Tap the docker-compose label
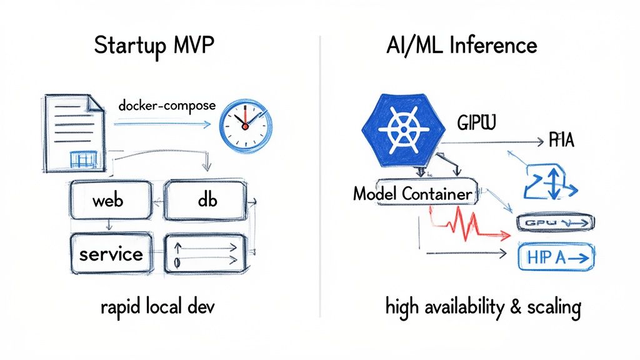point(166,106)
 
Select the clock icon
point(245,125)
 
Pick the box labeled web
point(110,201)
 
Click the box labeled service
point(110,254)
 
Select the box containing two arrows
point(204,254)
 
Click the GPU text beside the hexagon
point(476,122)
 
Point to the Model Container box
point(412,194)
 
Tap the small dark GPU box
point(555,223)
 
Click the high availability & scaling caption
point(483,307)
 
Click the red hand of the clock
point(245,117)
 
